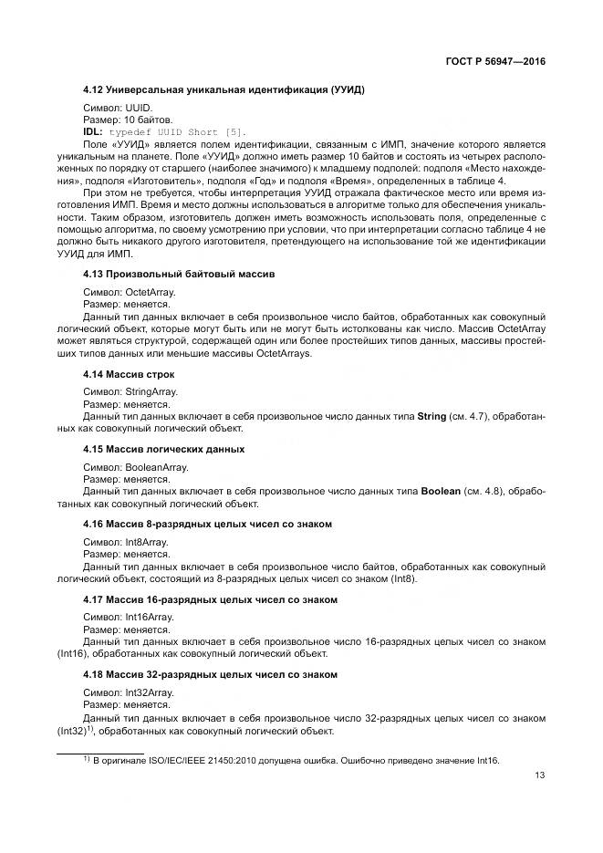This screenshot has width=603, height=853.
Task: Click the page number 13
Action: pyautogui.click(x=540, y=775)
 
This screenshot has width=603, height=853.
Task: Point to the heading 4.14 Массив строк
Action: pyautogui.click(x=128, y=374)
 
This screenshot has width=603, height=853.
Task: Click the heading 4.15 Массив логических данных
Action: pyautogui.click(x=163, y=449)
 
